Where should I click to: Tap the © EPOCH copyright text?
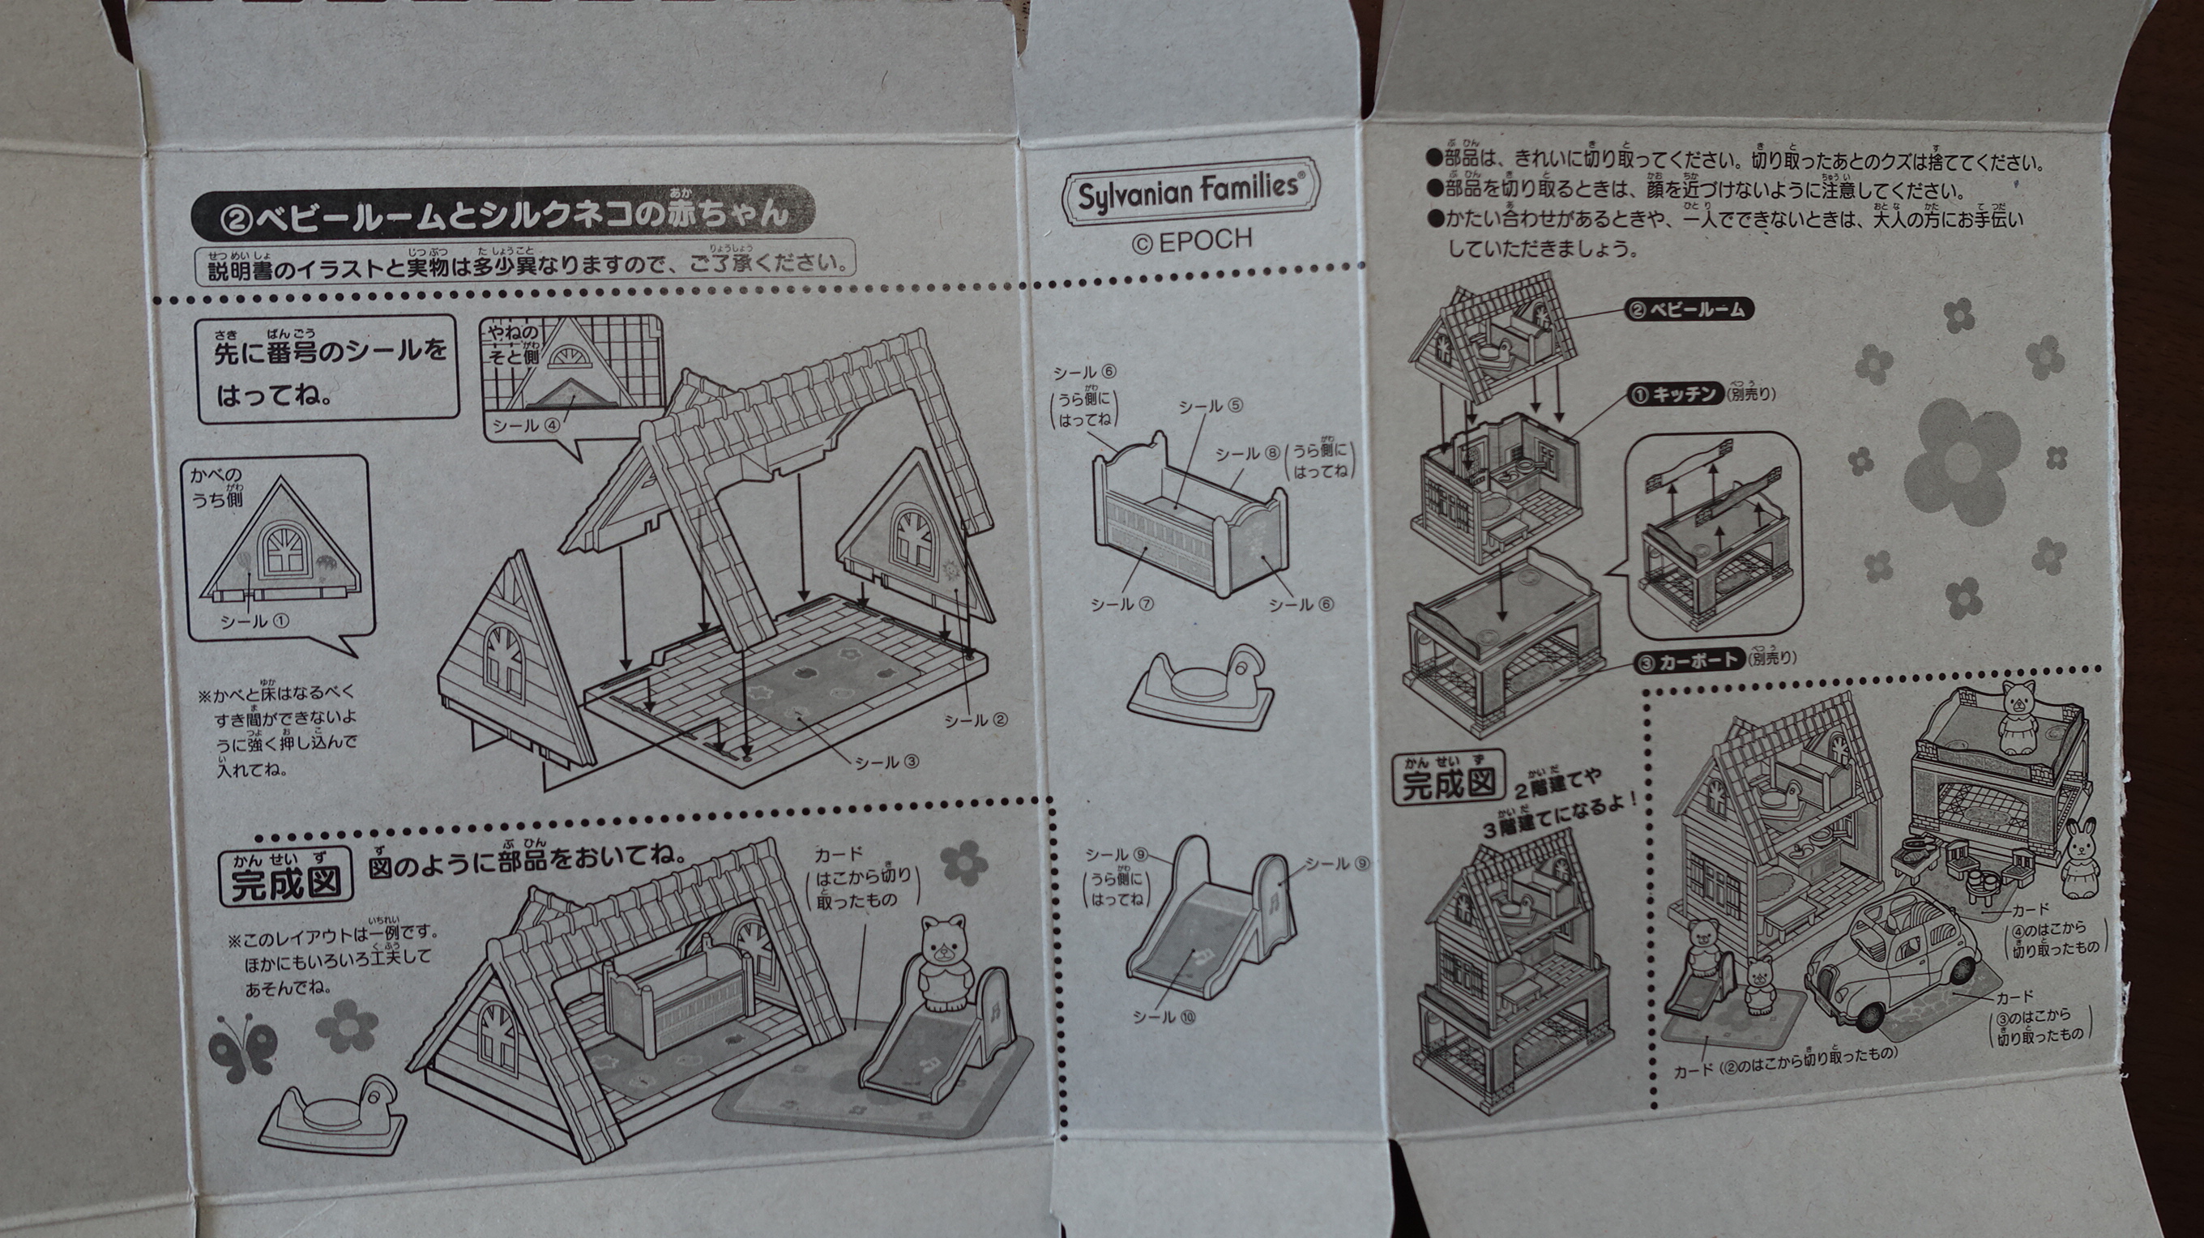(x=1192, y=241)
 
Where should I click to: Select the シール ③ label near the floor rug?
(x=886, y=762)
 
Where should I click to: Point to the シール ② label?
(x=976, y=720)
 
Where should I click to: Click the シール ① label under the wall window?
(x=254, y=621)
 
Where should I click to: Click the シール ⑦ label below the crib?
(x=1121, y=604)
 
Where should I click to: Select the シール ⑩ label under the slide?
(x=1164, y=1017)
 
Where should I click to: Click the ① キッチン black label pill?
(x=1673, y=394)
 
